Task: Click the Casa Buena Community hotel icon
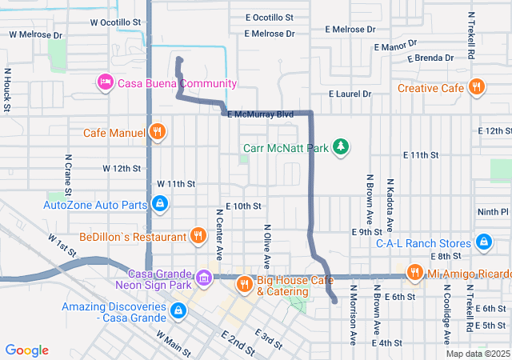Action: (x=105, y=82)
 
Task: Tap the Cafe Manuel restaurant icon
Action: (x=157, y=133)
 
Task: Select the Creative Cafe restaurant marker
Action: (x=477, y=87)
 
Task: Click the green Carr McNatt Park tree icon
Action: (x=341, y=148)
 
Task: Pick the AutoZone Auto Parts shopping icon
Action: (x=160, y=205)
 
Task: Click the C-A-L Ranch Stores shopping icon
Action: (x=483, y=242)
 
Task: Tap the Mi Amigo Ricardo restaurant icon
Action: (x=414, y=274)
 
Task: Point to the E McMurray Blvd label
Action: (x=260, y=115)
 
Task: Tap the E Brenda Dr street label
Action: (x=430, y=58)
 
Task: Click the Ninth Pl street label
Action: (x=493, y=212)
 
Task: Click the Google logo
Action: (x=27, y=350)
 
